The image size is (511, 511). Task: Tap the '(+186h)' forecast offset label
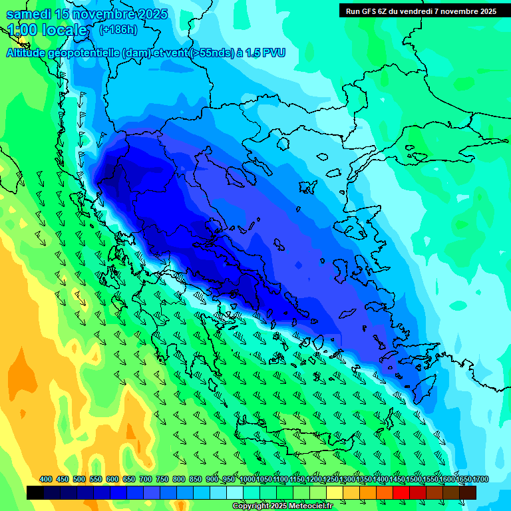click(x=118, y=29)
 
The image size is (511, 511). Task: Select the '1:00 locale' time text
click(x=47, y=30)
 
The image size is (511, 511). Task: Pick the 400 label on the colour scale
click(x=46, y=479)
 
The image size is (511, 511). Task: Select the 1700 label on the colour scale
click(x=480, y=479)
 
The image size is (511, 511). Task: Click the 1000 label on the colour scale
click(x=248, y=479)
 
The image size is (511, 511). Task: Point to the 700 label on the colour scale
click(x=146, y=479)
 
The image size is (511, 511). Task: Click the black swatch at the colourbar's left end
click(x=35, y=492)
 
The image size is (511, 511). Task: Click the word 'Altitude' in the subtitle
click(x=28, y=53)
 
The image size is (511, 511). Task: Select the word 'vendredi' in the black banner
click(x=419, y=11)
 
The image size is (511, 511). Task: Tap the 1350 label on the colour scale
click(x=363, y=479)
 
